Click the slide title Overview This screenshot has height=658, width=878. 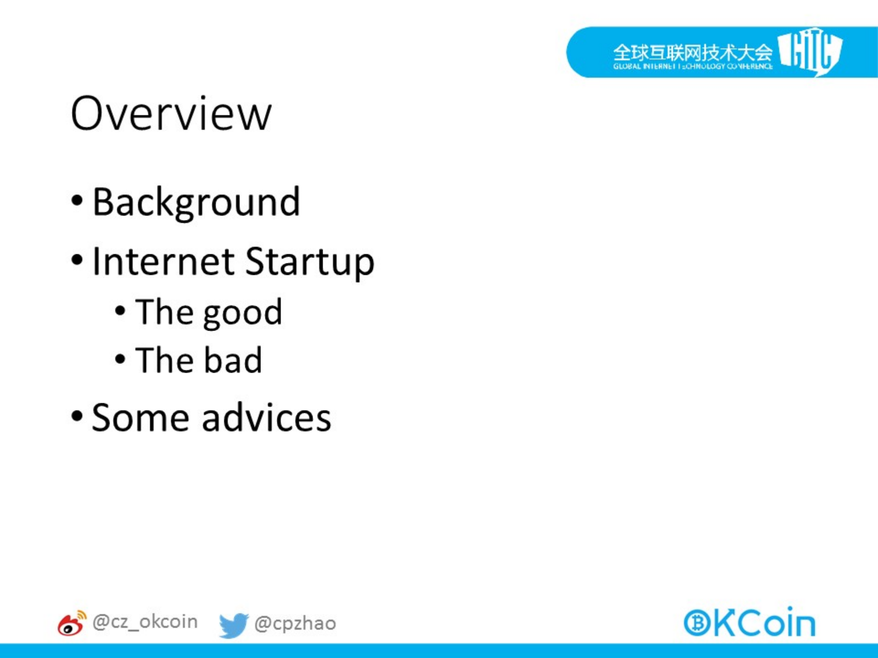[171, 113]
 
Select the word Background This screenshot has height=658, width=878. [196, 203]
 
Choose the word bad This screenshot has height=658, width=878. [232, 360]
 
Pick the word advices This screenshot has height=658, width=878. [266, 417]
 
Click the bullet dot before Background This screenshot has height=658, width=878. [77, 201]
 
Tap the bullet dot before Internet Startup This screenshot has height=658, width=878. [77, 260]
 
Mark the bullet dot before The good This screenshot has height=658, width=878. [120, 311]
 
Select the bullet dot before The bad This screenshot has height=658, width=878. [120, 359]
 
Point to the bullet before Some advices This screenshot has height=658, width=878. [77, 416]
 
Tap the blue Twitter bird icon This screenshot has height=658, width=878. [233, 625]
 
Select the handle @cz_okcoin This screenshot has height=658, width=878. [145, 622]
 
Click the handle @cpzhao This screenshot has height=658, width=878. [295, 624]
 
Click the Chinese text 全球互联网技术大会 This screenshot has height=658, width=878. [693, 53]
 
